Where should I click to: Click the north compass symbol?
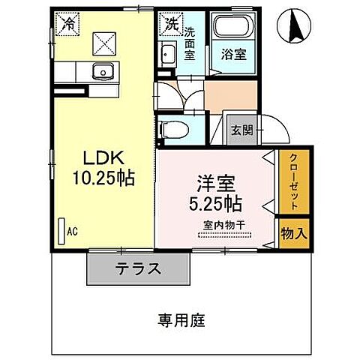click(294, 28)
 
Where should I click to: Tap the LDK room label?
click(101, 158)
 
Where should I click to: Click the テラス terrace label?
click(137, 268)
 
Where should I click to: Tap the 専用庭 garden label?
click(181, 320)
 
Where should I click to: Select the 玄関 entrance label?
click(240, 130)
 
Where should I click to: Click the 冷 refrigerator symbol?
click(67, 22)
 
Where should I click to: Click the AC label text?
click(73, 232)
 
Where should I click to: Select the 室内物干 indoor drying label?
click(228, 226)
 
